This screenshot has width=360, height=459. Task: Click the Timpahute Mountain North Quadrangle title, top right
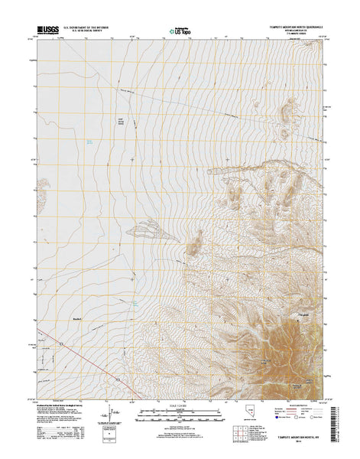(290, 25)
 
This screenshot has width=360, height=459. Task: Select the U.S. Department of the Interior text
(88, 27)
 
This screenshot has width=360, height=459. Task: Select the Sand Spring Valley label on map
(119, 121)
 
